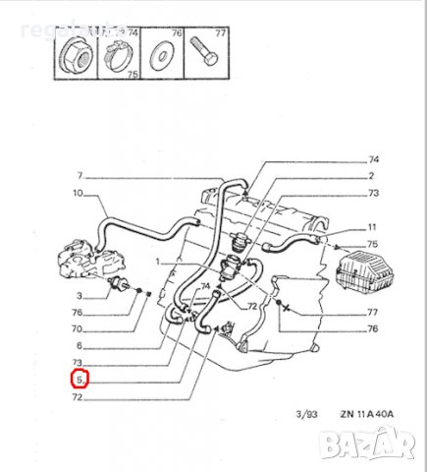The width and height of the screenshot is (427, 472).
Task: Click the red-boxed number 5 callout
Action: pos(80,379)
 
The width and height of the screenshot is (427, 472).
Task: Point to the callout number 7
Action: pos(80,176)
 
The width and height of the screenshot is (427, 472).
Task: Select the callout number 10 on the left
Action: pos(79,194)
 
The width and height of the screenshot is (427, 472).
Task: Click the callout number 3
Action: pos(80,294)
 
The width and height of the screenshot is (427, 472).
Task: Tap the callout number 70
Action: pos(79,329)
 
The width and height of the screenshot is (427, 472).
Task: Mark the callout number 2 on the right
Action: pos(372,176)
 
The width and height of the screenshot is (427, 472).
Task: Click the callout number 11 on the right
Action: pos(372,226)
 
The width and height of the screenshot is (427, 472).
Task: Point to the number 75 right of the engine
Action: pos(372,244)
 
